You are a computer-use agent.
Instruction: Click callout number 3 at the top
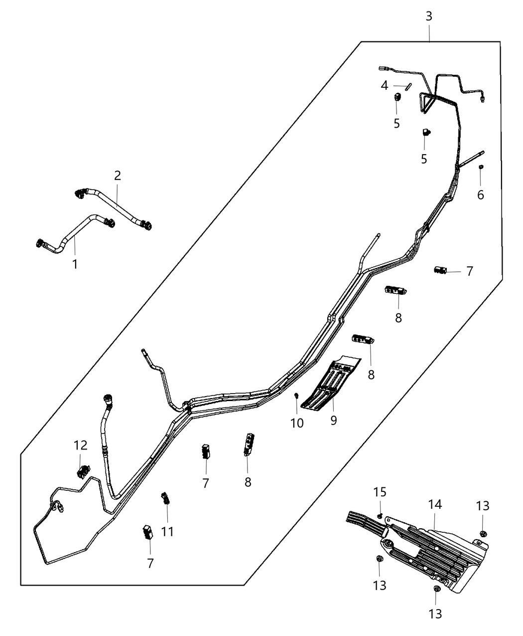pos(429,16)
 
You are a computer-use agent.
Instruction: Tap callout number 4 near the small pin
pos(385,86)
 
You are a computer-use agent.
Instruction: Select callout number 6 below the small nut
pos(481,195)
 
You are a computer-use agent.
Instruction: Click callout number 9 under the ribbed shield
pos(333,421)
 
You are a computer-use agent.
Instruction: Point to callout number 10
pos(297,423)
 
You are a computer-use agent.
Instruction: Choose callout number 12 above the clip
pos(81,445)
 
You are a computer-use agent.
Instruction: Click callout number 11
pos(168,532)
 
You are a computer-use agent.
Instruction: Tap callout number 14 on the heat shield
pos(435,504)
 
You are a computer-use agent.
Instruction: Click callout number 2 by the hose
pos(118,176)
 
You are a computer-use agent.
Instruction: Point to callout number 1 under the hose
pos(75,264)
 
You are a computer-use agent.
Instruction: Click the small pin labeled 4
pos(407,86)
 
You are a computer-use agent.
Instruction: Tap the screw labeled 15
pos(380,515)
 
